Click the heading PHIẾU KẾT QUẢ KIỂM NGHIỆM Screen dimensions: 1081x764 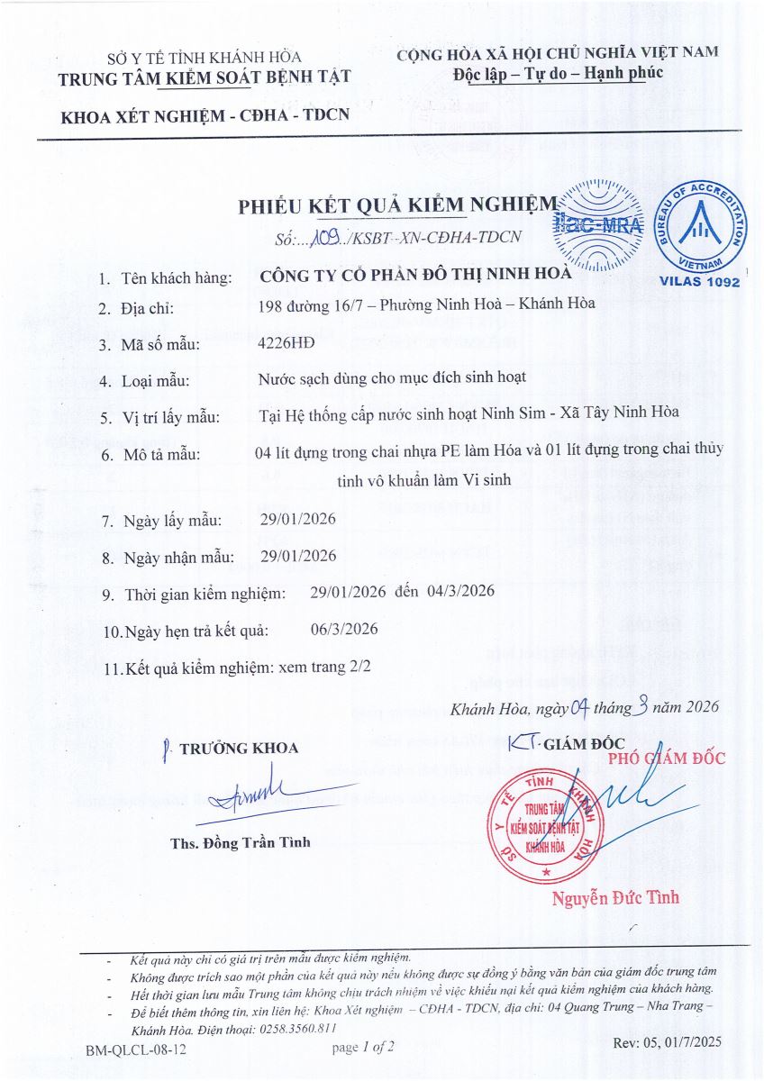tap(397, 206)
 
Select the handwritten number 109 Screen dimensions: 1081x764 tap(322, 239)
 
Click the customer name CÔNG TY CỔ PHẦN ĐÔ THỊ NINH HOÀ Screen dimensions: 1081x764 tap(414, 275)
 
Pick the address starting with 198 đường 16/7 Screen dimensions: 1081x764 tap(426, 306)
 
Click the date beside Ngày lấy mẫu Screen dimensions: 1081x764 tap(297, 521)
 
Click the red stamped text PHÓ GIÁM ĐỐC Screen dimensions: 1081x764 tap(667, 759)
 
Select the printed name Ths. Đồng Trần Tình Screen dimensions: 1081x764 tap(240, 842)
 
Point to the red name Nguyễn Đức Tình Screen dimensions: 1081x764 tap(616, 897)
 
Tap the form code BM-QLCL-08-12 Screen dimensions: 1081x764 tap(136, 1050)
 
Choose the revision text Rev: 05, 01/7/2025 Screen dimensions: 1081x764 tap(667, 1042)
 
